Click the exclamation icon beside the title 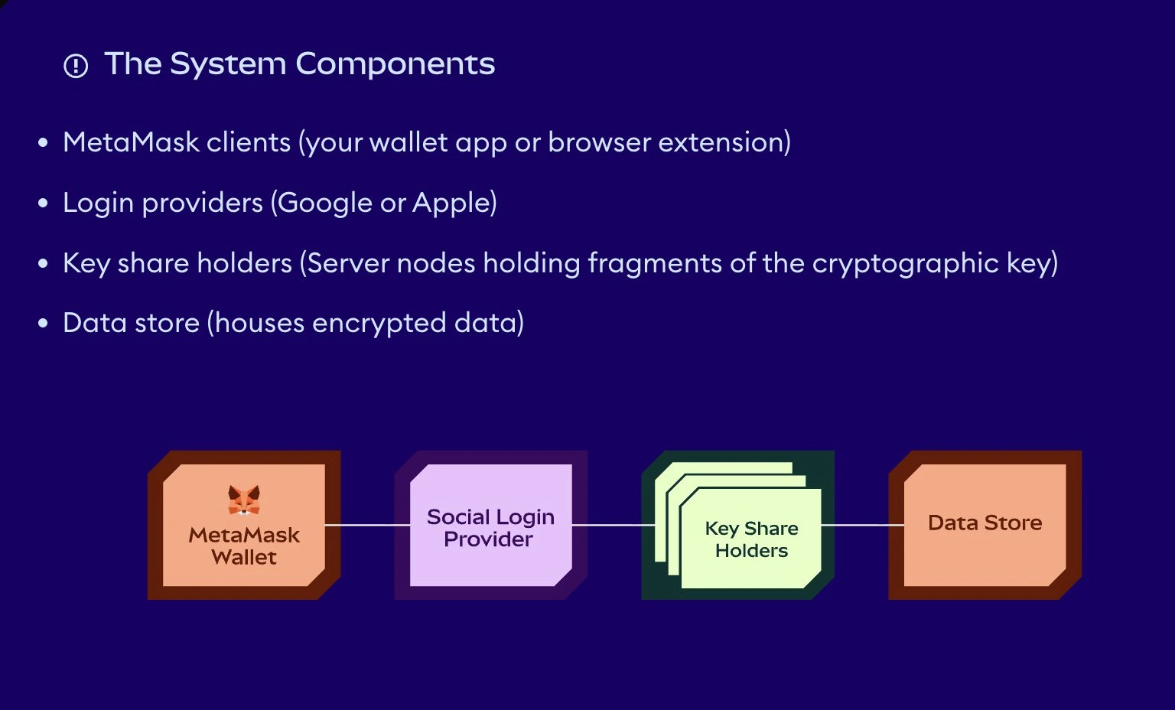[76, 67]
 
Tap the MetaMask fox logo [244, 500]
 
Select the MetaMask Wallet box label [244, 546]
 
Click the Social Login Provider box [490, 527]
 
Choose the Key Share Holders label [751, 539]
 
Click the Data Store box [985, 523]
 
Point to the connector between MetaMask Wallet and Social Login [367, 525]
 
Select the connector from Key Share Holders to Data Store [862, 525]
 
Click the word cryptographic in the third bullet [905, 263]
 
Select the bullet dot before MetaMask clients [44, 143]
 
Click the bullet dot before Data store [44, 324]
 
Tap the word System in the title [228, 64]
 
